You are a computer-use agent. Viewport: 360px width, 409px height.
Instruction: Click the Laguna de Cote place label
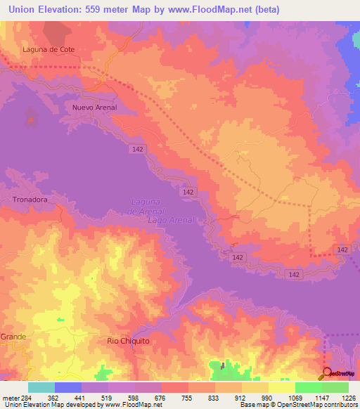pyautogui.click(x=49, y=50)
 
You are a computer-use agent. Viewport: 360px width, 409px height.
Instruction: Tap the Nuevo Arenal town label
pyautogui.click(x=94, y=108)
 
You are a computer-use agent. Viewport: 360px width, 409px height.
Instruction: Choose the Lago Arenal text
pyautogui.click(x=176, y=220)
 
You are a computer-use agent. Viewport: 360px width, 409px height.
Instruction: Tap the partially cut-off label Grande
pyautogui.click(x=13, y=337)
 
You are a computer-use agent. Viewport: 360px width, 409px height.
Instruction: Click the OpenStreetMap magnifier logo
pyautogui.click(x=328, y=374)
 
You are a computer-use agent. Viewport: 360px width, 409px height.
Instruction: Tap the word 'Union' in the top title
pyautogui.click(x=26, y=10)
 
